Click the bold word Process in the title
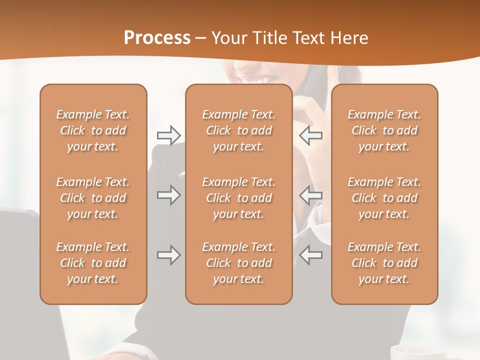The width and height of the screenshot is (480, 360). [157, 38]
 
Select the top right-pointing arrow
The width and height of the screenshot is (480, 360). [168, 135]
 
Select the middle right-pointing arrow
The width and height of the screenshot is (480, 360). [168, 195]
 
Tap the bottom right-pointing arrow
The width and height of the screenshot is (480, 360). [168, 255]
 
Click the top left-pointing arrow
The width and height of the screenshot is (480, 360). [310, 135]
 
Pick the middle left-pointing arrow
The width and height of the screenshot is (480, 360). [310, 195]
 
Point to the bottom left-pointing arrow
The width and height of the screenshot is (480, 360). [310, 255]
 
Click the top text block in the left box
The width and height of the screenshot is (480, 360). [93, 130]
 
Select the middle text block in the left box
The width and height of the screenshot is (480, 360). [93, 198]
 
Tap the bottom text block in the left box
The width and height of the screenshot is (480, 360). [93, 263]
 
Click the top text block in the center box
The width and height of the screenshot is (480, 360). [238, 130]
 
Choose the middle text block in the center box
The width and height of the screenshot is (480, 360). [238, 198]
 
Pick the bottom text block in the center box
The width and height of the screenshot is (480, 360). [238, 263]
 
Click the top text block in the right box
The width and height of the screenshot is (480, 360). [384, 130]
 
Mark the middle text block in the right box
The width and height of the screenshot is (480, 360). [384, 198]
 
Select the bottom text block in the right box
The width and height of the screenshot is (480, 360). [384, 263]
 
